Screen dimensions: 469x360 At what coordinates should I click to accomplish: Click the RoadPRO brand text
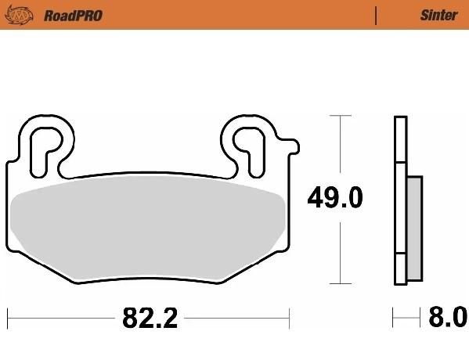(74, 16)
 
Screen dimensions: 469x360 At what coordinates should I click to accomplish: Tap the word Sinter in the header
(438, 15)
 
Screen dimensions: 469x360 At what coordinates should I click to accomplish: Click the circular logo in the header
(20, 15)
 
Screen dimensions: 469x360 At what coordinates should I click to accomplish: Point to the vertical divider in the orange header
(376, 16)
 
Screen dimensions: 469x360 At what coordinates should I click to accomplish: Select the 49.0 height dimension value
(335, 198)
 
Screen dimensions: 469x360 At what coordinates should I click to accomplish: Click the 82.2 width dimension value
(150, 318)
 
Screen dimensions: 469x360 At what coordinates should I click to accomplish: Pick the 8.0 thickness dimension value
(448, 317)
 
